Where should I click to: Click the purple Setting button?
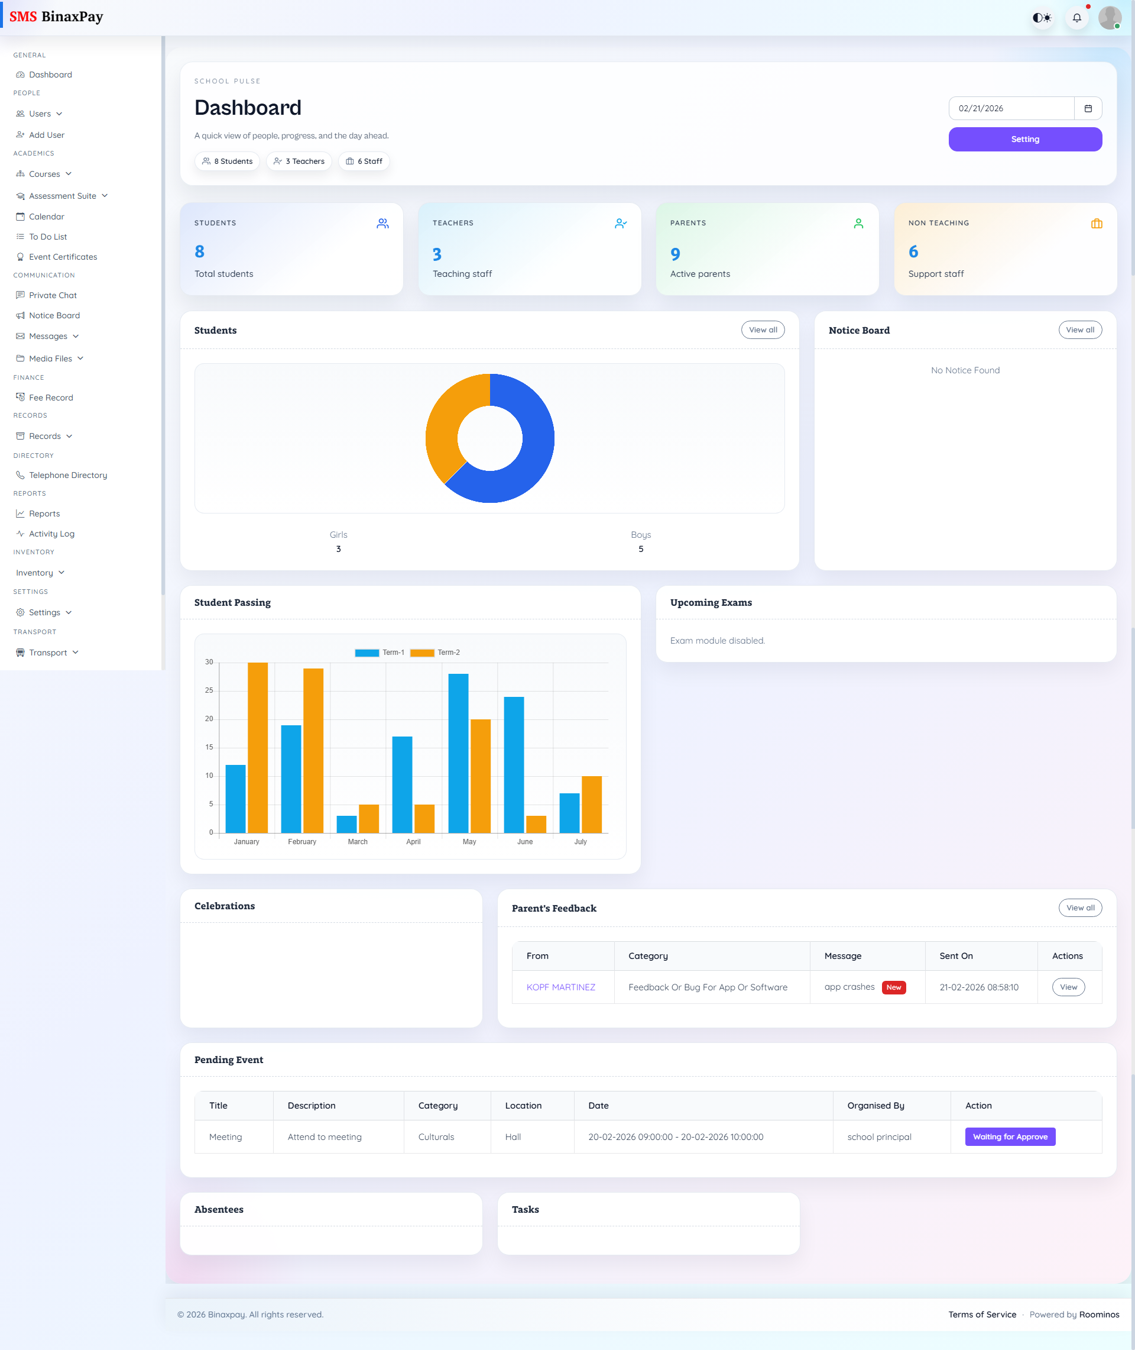1024,139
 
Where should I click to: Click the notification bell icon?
1076,18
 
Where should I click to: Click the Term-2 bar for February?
313,750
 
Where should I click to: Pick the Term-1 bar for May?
458,752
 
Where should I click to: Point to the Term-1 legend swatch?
367,653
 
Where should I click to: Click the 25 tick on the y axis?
209,690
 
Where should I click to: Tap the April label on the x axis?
413,841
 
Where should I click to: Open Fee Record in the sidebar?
51,397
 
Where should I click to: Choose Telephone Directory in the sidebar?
67,475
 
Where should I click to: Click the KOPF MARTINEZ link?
560,987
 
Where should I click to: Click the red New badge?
893,987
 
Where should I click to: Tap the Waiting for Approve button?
1010,1136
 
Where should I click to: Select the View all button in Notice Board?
1079,330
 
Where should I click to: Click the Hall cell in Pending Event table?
513,1137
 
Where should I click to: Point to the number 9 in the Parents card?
675,254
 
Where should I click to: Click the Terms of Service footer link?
982,1315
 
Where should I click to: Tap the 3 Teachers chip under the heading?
299,161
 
